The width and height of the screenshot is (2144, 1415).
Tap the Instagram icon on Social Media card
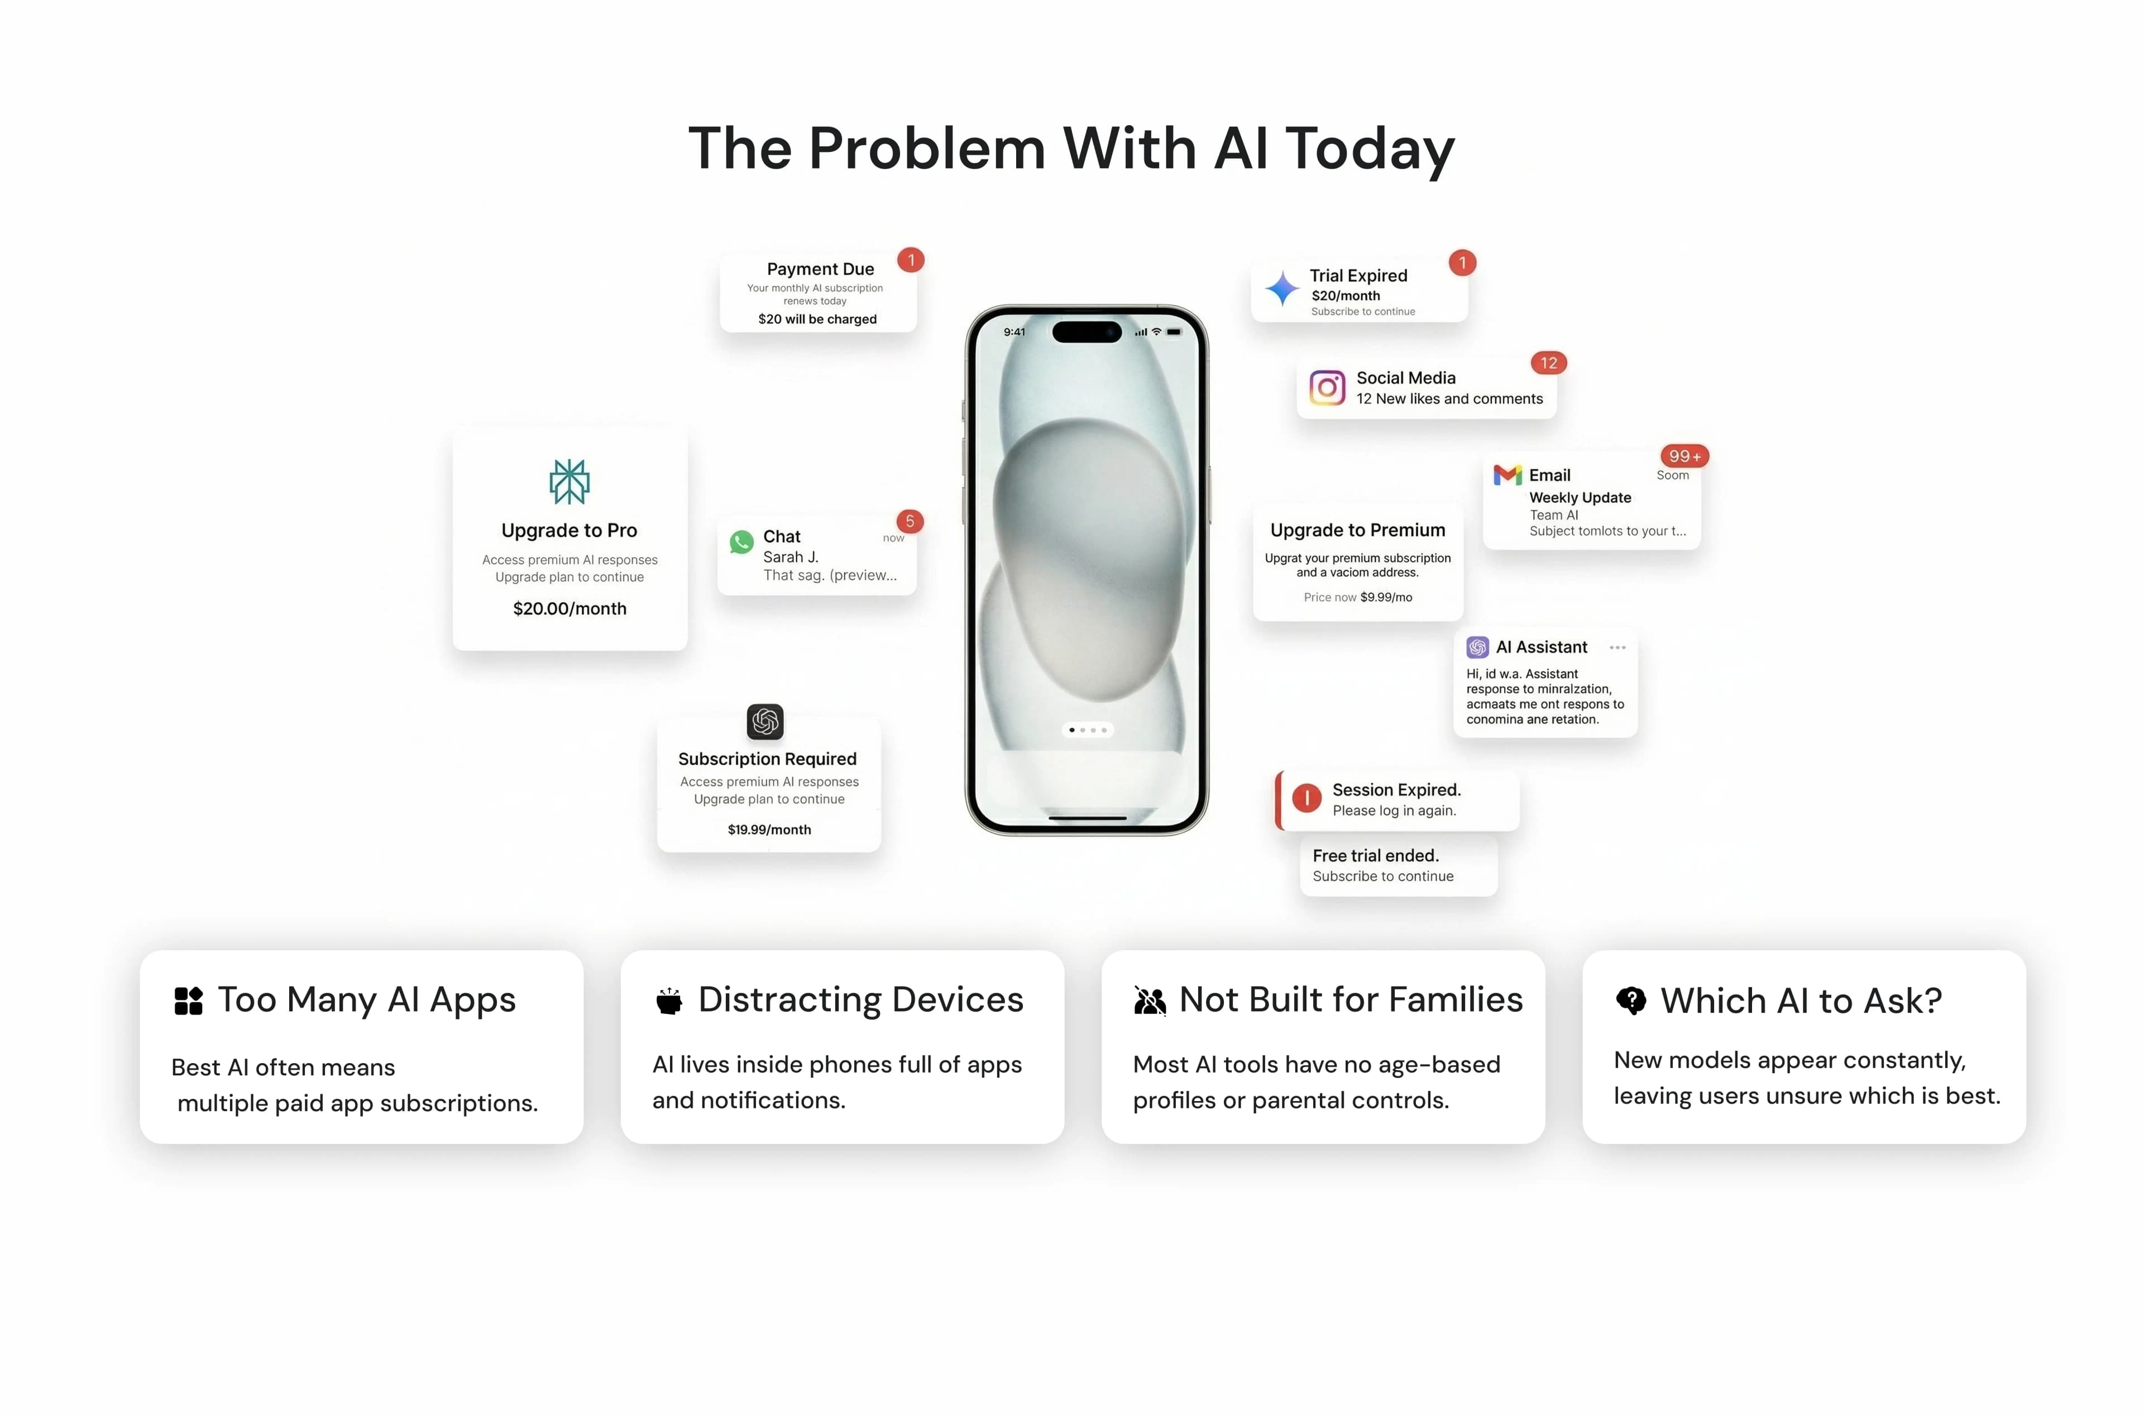point(1327,388)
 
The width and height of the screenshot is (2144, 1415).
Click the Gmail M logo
point(1507,475)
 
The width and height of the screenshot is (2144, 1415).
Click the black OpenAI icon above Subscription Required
point(765,721)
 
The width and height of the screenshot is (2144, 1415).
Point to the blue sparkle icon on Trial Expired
point(1282,289)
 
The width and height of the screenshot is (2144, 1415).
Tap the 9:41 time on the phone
point(1014,332)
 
